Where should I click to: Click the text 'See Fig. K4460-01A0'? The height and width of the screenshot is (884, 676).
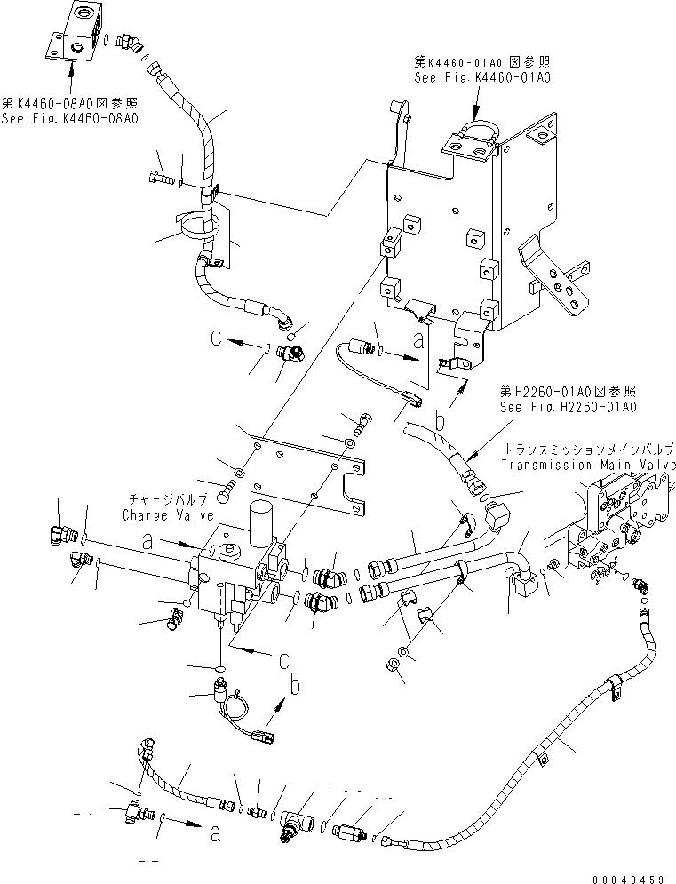[482, 77]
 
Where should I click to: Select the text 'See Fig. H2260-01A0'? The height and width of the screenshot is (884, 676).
[569, 407]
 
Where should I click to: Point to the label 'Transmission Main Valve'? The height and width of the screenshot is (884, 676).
[588, 465]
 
